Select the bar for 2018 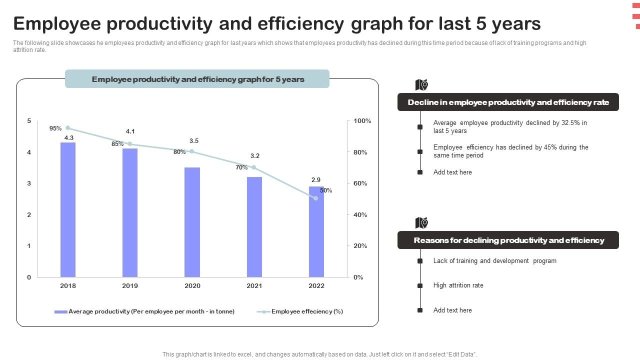pyautogui.click(x=68, y=209)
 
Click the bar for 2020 pyautogui.click(x=192, y=222)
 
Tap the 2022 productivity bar pyautogui.click(x=316, y=231)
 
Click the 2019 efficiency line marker pyautogui.click(x=130, y=144)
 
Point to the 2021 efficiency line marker pyautogui.click(x=254, y=167)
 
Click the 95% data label pyautogui.click(x=55, y=128)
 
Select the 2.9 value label pyautogui.click(x=316, y=180)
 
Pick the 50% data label pyautogui.click(x=326, y=190)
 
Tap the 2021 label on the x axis pyautogui.click(x=254, y=286)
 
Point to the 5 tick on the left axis pyautogui.click(x=29, y=121)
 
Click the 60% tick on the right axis pyautogui.click(x=360, y=183)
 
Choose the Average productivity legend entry pyautogui.click(x=144, y=311)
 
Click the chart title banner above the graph pyautogui.click(x=197, y=79)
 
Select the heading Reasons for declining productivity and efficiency pyautogui.click(x=508, y=240)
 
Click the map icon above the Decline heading pyautogui.click(x=421, y=85)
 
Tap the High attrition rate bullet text pyautogui.click(x=458, y=285)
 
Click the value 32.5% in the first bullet pyautogui.click(x=570, y=123)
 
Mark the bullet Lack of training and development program pyautogui.click(x=494, y=261)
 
